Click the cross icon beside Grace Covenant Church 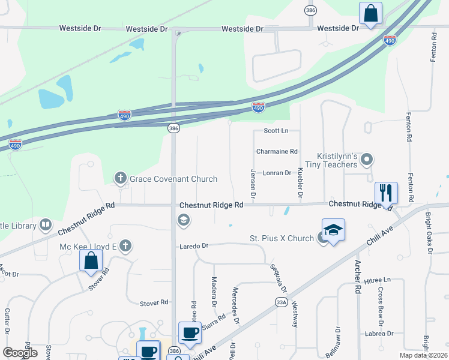click(x=120, y=178)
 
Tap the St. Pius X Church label click(x=282, y=238)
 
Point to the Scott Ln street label click(x=276, y=131)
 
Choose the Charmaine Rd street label click(x=277, y=152)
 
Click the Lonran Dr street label click(x=277, y=173)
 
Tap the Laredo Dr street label click(x=193, y=246)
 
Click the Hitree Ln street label click(x=377, y=280)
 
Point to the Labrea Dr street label click(x=378, y=334)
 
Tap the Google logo click(x=20, y=353)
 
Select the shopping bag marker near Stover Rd click(x=91, y=260)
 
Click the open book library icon click(x=46, y=225)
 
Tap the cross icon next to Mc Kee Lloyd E click(x=125, y=245)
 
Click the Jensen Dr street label click(x=253, y=184)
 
